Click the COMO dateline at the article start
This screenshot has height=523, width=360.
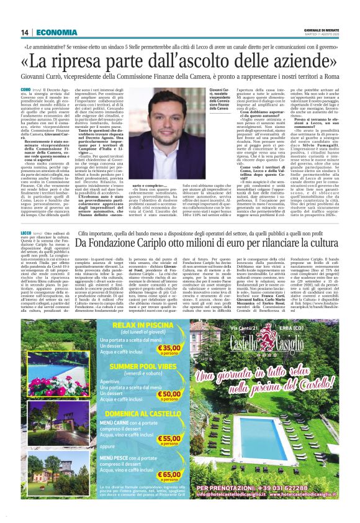click(x=28, y=90)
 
